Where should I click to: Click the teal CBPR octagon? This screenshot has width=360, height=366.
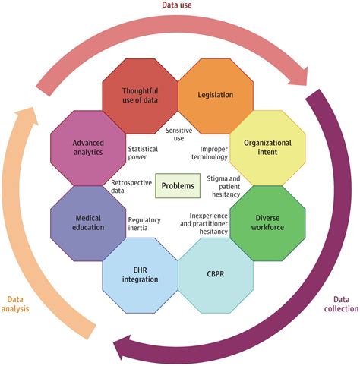[215, 274]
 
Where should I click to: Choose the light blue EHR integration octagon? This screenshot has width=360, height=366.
[141, 274]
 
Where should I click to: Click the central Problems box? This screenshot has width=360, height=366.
[179, 186]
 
